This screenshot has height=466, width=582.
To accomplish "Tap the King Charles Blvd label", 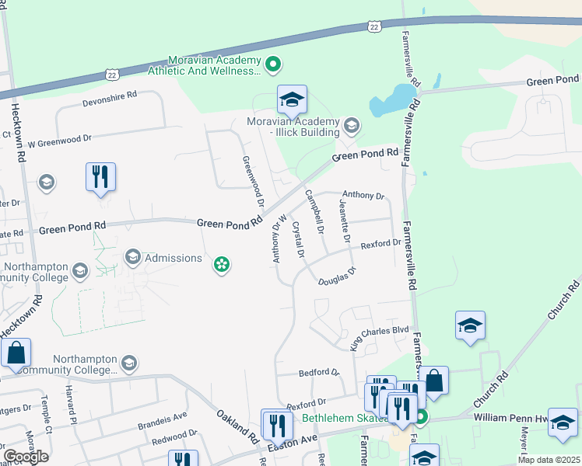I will click(x=379, y=336).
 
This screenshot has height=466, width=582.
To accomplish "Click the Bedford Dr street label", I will click(x=320, y=373).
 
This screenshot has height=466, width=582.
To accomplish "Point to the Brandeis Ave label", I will click(x=163, y=420).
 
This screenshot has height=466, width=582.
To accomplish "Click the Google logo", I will click(x=26, y=457).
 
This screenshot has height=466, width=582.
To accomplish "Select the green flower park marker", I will click(x=222, y=266).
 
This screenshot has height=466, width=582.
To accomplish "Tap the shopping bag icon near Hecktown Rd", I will click(x=16, y=353).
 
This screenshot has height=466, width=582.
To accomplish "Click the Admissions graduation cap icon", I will click(x=133, y=257).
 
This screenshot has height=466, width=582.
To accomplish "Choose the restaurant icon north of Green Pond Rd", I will click(x=100, y=177).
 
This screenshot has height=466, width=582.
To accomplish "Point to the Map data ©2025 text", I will click(x=549, y=460).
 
